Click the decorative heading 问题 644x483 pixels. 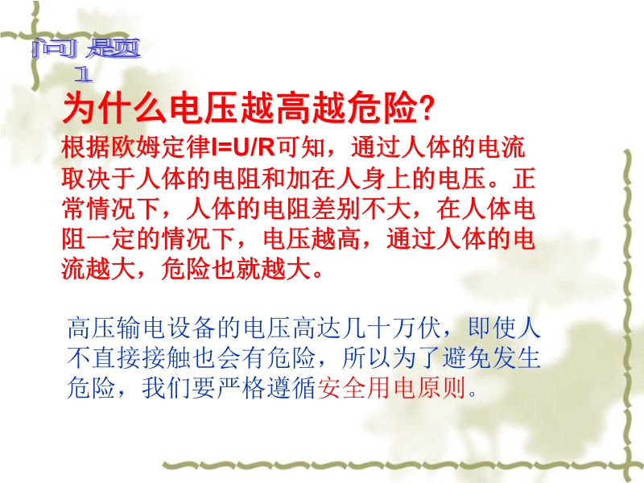click(86, 49)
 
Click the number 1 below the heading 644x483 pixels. click(85, 75)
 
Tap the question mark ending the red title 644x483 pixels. click(426, 109)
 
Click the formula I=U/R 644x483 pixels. click(243, 147)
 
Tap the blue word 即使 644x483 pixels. click(492, 328)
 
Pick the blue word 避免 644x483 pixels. click(468, 358)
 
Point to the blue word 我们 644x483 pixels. click(167, 388)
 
